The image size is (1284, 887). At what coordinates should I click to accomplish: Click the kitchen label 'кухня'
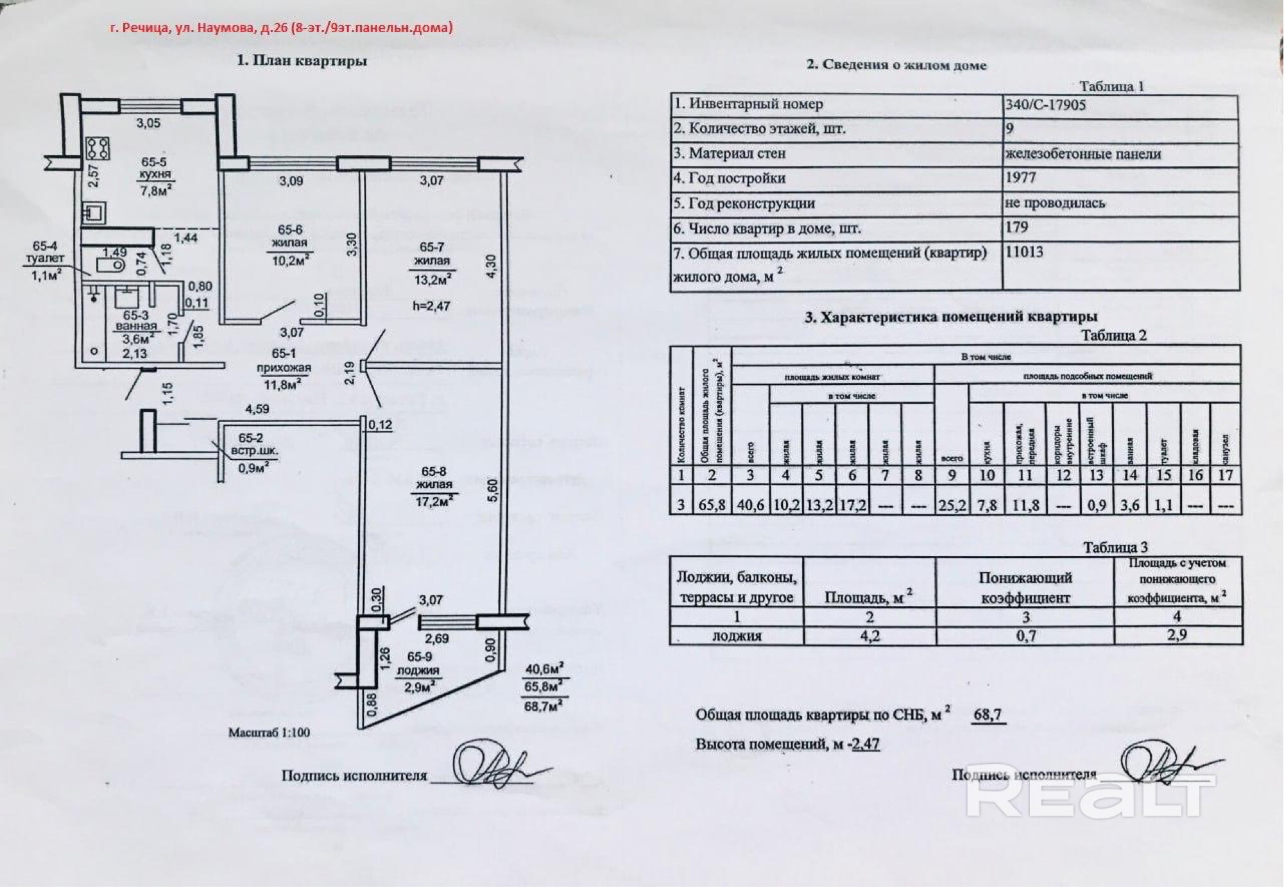[155, 174]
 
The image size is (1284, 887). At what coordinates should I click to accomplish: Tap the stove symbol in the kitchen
[99, 148]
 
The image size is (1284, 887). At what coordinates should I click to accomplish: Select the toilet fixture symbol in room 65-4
[110, 264]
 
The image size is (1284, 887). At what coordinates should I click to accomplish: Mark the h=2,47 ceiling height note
[431, 306]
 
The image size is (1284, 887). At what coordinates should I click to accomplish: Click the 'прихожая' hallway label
[284, 368]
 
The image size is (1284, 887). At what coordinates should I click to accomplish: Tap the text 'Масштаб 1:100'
[269, 732]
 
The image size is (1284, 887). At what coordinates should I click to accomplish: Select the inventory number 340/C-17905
[1045, 105]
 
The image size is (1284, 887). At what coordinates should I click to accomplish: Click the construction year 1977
[1020, 178]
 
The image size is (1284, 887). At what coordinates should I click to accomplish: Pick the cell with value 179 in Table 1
[1017, 227]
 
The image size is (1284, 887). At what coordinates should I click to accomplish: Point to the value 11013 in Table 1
[1025, 252]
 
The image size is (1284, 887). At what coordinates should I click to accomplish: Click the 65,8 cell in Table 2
[712, 505]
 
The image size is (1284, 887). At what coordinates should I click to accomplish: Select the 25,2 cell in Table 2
[952, 505]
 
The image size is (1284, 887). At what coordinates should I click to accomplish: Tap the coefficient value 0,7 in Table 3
[1025, 636]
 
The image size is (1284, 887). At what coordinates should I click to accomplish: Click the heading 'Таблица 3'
[1115, 547]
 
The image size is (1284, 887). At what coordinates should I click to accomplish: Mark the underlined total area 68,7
[988, 714]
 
